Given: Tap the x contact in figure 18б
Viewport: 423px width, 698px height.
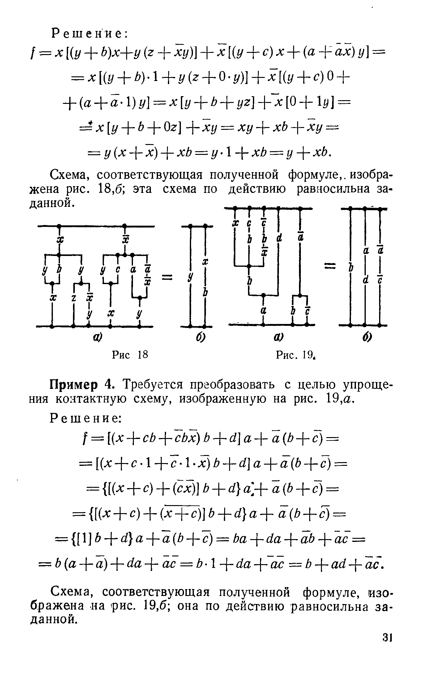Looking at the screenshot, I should click(204, 262).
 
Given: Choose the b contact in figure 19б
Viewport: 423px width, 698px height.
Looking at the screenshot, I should click(351, 268).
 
